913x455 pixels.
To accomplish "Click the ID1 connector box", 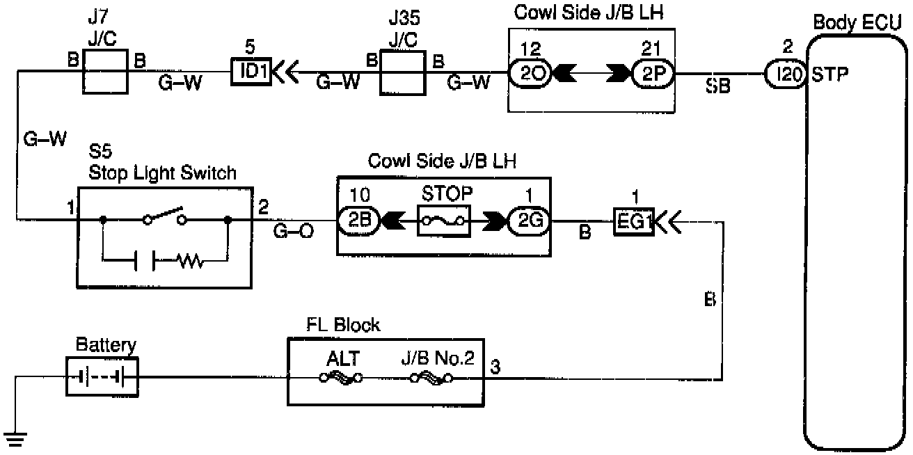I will coord(251,71).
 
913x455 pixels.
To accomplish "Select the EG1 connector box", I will coord(633,223).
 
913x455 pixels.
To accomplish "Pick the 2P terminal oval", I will coord(652,72).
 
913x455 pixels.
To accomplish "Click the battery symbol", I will coord(102,377).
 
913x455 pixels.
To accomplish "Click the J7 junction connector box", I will coord(106,71).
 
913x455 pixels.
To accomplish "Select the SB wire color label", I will coord(719,88).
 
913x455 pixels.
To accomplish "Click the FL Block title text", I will coord(344,325).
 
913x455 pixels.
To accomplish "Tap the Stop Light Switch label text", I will coord(163,173).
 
